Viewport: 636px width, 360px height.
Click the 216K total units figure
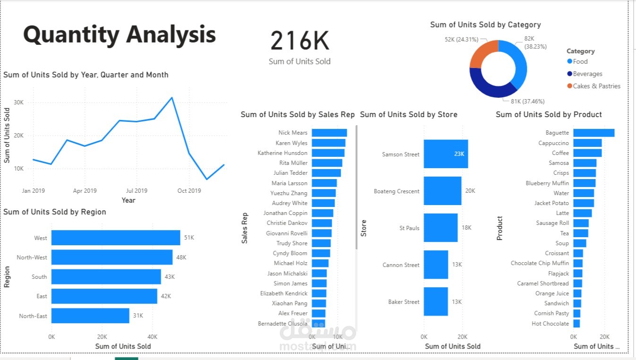pyautogui.click(x=300, y=41)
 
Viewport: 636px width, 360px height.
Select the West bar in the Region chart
pyautogui.click(x=116, y=238)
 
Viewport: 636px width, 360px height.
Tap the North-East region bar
pyautogui.click(x=90, y=316)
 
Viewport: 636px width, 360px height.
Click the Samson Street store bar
pyautogui.click(x=446, y=154)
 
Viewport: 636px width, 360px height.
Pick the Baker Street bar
pyautogui.click(x=436, y=301)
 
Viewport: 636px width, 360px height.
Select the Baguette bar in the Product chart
pyautogui.click(x=593, y=133)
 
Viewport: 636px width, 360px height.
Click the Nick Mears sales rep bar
pyautogui.click(x=329, y=133)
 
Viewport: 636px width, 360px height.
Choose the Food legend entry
pyautogui.click(x=580, y=61)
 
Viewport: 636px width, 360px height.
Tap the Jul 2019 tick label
pyautogui.click(x=137, y=191)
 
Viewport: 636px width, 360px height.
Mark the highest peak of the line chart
pyautogui.click(x=172, y=98)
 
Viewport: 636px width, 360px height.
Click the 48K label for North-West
pyautogui.click(x=181, y=257)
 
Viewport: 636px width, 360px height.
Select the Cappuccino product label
pyautogui.click(x=553, y=143)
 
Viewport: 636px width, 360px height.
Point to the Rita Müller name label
pyautogui.click(x=293, y=163)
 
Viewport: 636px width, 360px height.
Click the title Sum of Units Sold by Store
pyautogui.click(x=408, y=114)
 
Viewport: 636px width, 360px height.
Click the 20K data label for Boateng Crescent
pyautogui.click(x=470, y=191)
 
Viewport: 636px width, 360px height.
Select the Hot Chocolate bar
pyautogui.click(x=576, y=324)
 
